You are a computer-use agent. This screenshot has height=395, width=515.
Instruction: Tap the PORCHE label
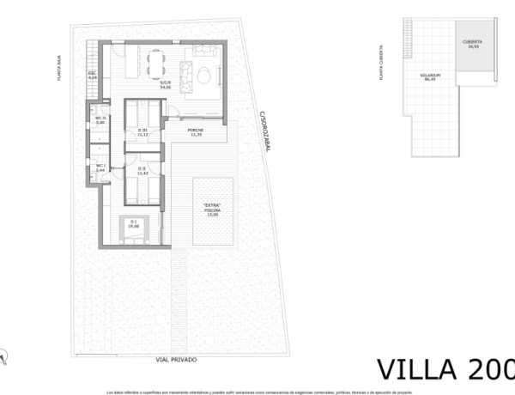coord(196,133)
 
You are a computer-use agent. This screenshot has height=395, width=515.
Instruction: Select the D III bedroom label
coord(143,132)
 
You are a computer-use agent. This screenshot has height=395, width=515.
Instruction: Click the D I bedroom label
coord(134,225)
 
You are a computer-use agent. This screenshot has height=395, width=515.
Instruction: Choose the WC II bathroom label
coord(100,121)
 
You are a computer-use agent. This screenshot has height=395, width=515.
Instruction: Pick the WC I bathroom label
coord(100,167)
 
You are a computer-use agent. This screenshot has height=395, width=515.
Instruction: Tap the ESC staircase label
coord(93,76)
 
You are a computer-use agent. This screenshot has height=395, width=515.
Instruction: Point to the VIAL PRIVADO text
coord(176,360)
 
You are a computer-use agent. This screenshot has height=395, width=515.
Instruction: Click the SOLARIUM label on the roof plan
coord(431,77)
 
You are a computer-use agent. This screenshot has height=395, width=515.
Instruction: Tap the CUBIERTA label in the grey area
coord(472,44)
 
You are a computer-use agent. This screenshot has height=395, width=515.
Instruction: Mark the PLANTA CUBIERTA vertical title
coord(380,64)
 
